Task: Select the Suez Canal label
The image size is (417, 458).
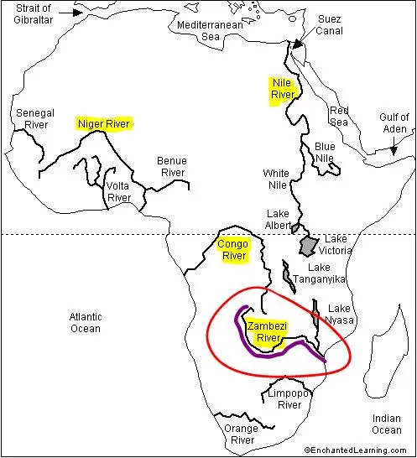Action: (x=329, y=25)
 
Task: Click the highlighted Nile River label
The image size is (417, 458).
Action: (x=281, y=90)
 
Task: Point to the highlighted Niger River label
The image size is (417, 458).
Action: (x=104, y=123)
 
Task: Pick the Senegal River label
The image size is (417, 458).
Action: (x=34, y=118)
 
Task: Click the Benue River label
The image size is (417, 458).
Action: (x=173, y=166)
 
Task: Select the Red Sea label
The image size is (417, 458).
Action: (x=339, y=116)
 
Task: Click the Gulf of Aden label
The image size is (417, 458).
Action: (x=393, y=123)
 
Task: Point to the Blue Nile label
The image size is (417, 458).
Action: (x=325, y=152)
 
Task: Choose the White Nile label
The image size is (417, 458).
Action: (x=276, y=180)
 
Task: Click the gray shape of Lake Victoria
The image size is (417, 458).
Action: (x=309, y=245)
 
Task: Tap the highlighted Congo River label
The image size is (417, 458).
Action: (x=232, y=250)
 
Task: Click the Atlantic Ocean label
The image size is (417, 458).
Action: (x=85, y=322)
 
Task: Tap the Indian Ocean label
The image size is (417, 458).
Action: (x=387, y=424)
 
